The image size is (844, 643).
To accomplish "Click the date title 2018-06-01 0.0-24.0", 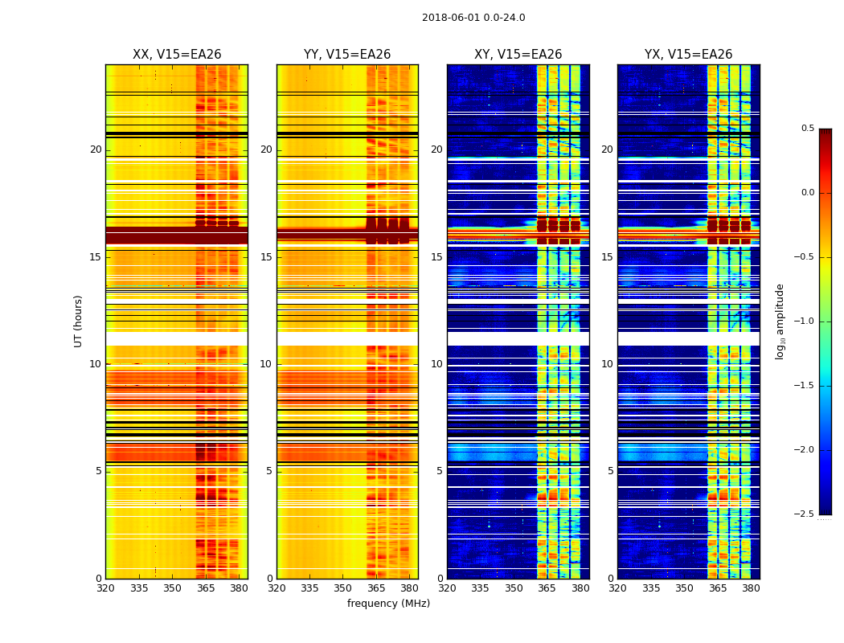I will (473, 18).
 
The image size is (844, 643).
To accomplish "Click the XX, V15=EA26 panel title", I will (177, 55).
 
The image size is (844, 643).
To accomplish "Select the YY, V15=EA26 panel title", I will (347, 55).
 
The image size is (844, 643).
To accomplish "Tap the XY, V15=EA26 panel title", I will (518, 55).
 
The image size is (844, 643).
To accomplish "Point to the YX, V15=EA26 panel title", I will (688, 55).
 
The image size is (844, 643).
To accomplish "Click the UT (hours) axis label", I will (79, 321).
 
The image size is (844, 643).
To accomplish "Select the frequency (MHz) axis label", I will (388, 604).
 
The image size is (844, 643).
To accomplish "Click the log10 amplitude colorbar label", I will (780, 321).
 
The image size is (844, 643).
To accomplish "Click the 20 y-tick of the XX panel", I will (96, 149).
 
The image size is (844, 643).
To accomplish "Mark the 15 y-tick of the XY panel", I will (436, 257).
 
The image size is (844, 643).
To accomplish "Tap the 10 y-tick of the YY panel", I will (266, 364).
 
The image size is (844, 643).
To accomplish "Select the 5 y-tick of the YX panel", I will (610, 471).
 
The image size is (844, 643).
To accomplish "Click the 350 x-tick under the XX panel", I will (173, 588).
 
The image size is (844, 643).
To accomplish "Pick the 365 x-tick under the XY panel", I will (547, 588).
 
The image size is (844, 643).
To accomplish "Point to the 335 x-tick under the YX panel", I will (651, 588).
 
